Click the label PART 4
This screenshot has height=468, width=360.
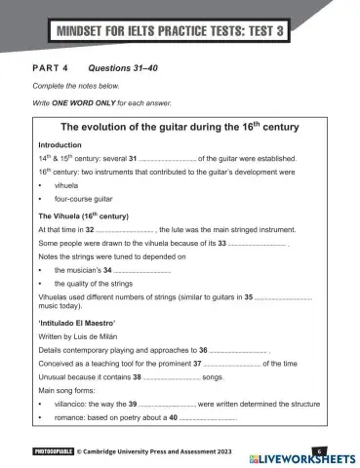[50, 69]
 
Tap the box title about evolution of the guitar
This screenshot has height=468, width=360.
[180, 127]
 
